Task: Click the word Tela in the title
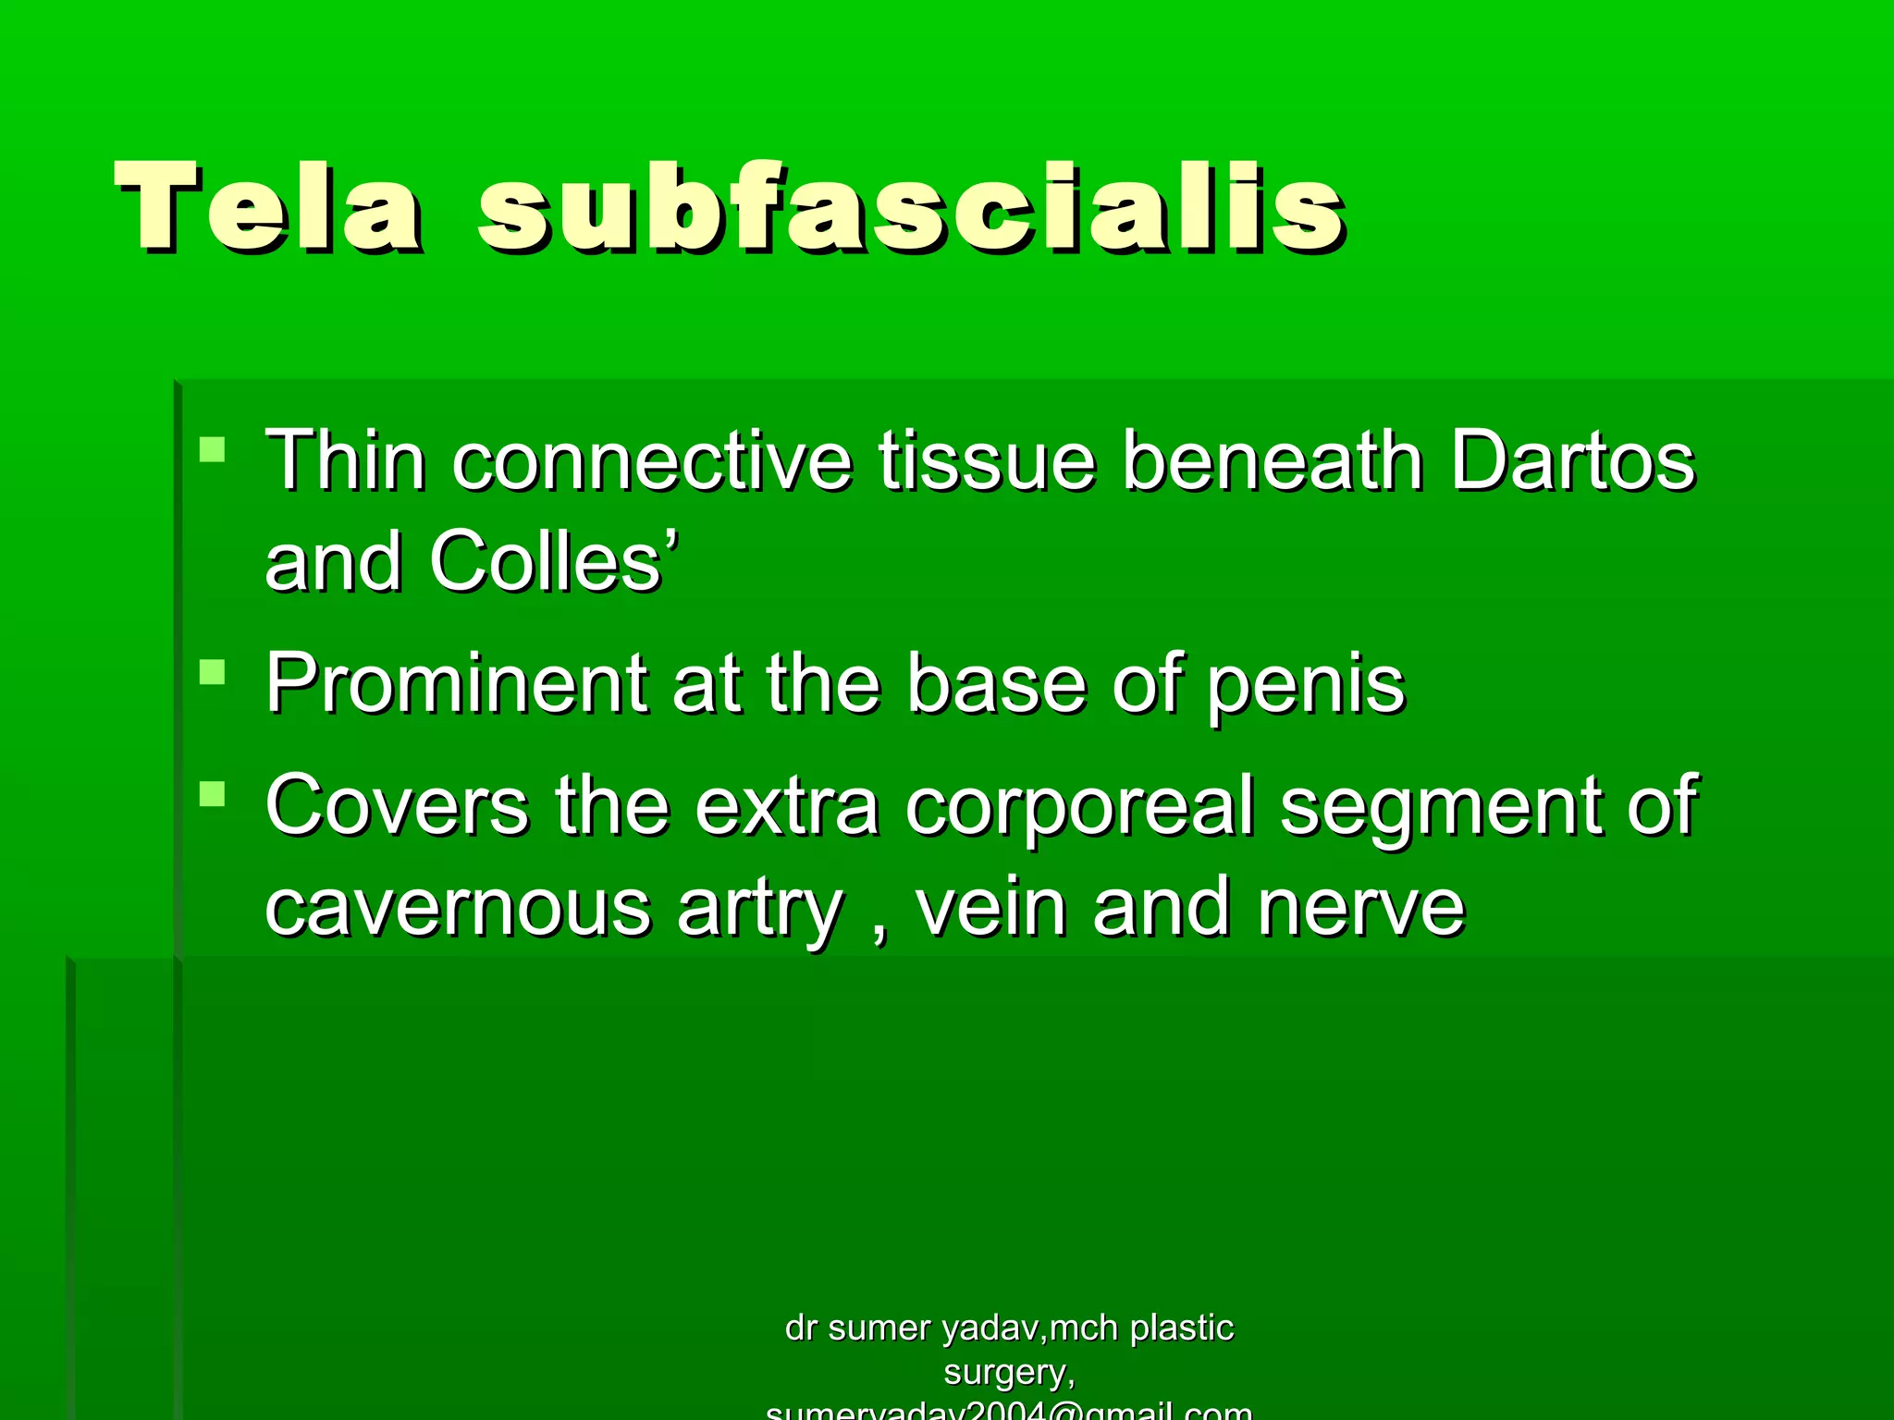268,207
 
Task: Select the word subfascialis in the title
911,207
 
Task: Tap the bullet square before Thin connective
213,449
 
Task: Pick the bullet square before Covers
213,794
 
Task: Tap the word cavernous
458,909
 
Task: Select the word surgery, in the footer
1009,1373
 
